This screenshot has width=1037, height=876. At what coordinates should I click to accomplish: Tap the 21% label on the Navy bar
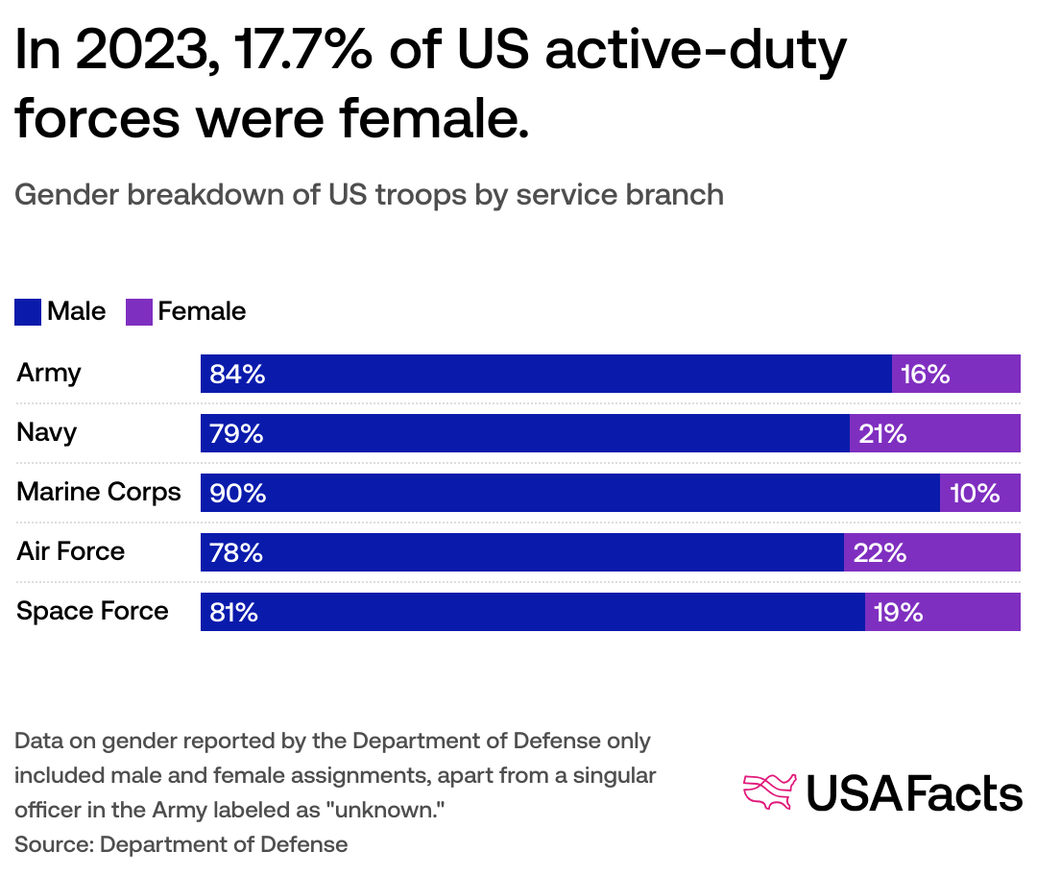(x=882, y=434)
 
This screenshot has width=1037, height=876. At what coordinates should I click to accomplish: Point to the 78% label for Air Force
(x=236, y=553)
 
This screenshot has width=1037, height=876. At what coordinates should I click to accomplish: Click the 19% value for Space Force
(x=899, y=613)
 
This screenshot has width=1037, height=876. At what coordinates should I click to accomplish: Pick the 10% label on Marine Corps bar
(x=975, y=494)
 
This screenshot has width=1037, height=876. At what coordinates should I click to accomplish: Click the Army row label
(x=49, y=373)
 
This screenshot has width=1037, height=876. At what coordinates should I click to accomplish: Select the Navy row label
(x=46, y=432)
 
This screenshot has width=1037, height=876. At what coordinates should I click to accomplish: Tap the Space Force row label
(x=92, y=611)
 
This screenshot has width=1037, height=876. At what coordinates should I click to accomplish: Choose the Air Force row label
(x=71, y=551)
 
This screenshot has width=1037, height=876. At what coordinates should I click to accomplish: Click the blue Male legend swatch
(x=28, y=312)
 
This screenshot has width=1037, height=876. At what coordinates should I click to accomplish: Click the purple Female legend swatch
(x=139, y=312)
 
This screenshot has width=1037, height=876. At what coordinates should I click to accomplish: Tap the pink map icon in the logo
(x=770, y=791)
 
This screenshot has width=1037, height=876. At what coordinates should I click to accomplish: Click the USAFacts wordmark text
(x=913, y=793)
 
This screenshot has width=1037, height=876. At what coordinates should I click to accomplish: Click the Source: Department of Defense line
(x=181, y=844)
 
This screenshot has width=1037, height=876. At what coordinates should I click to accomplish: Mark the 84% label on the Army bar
(x=237, y=375)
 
